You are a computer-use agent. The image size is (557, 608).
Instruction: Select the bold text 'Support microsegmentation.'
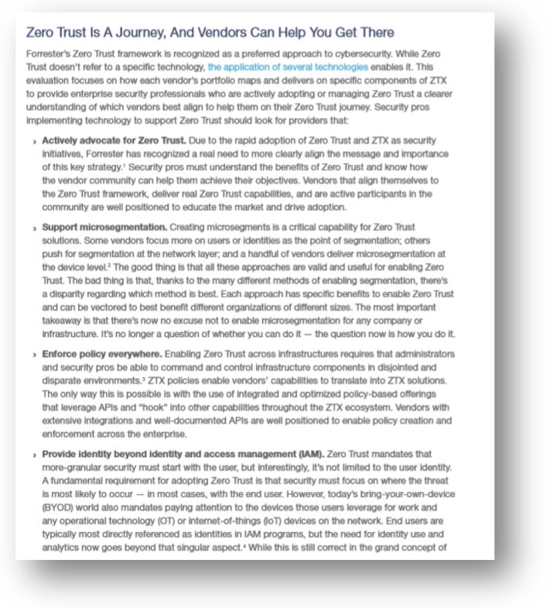click(104, 227)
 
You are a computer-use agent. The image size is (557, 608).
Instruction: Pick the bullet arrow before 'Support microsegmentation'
click(35, 228)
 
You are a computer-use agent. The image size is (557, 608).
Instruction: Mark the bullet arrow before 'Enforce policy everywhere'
click(35, 355)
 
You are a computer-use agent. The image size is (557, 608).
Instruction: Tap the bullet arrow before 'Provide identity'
click(35, 454)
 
